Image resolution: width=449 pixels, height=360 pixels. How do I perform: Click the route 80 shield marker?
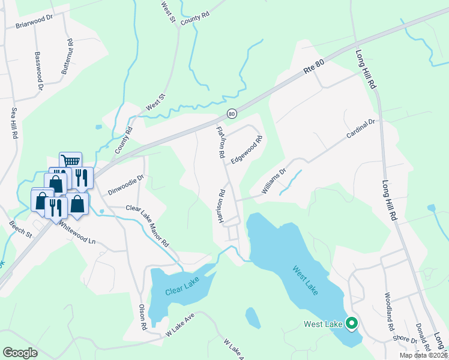point(232,113)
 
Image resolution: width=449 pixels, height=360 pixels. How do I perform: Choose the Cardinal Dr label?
point(360,129)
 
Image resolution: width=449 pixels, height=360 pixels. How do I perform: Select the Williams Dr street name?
point(274,181)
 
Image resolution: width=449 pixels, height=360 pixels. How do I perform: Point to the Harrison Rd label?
point(221,208)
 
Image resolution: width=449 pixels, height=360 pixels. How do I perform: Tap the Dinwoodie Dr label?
point(126,185)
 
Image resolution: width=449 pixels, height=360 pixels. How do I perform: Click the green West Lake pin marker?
point(351,324)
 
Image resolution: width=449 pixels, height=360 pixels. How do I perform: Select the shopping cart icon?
point(71,160)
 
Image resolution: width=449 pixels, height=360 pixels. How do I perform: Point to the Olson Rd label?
point(143,318)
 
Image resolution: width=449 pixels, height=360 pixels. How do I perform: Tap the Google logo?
point(20,352)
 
